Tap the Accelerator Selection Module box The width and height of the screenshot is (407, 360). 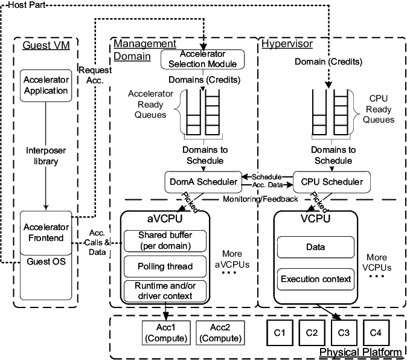coord(203,58)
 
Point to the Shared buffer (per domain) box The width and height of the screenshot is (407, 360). coord(165,240)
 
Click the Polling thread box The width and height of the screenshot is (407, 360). coord(165,266)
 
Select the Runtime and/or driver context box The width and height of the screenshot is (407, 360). coord(165,291)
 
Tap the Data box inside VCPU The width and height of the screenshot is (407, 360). coord(315,247)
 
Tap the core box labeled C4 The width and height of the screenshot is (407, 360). coord(376,333)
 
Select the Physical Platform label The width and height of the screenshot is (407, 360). coord(361,352)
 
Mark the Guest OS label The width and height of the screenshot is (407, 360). coord(46,263)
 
